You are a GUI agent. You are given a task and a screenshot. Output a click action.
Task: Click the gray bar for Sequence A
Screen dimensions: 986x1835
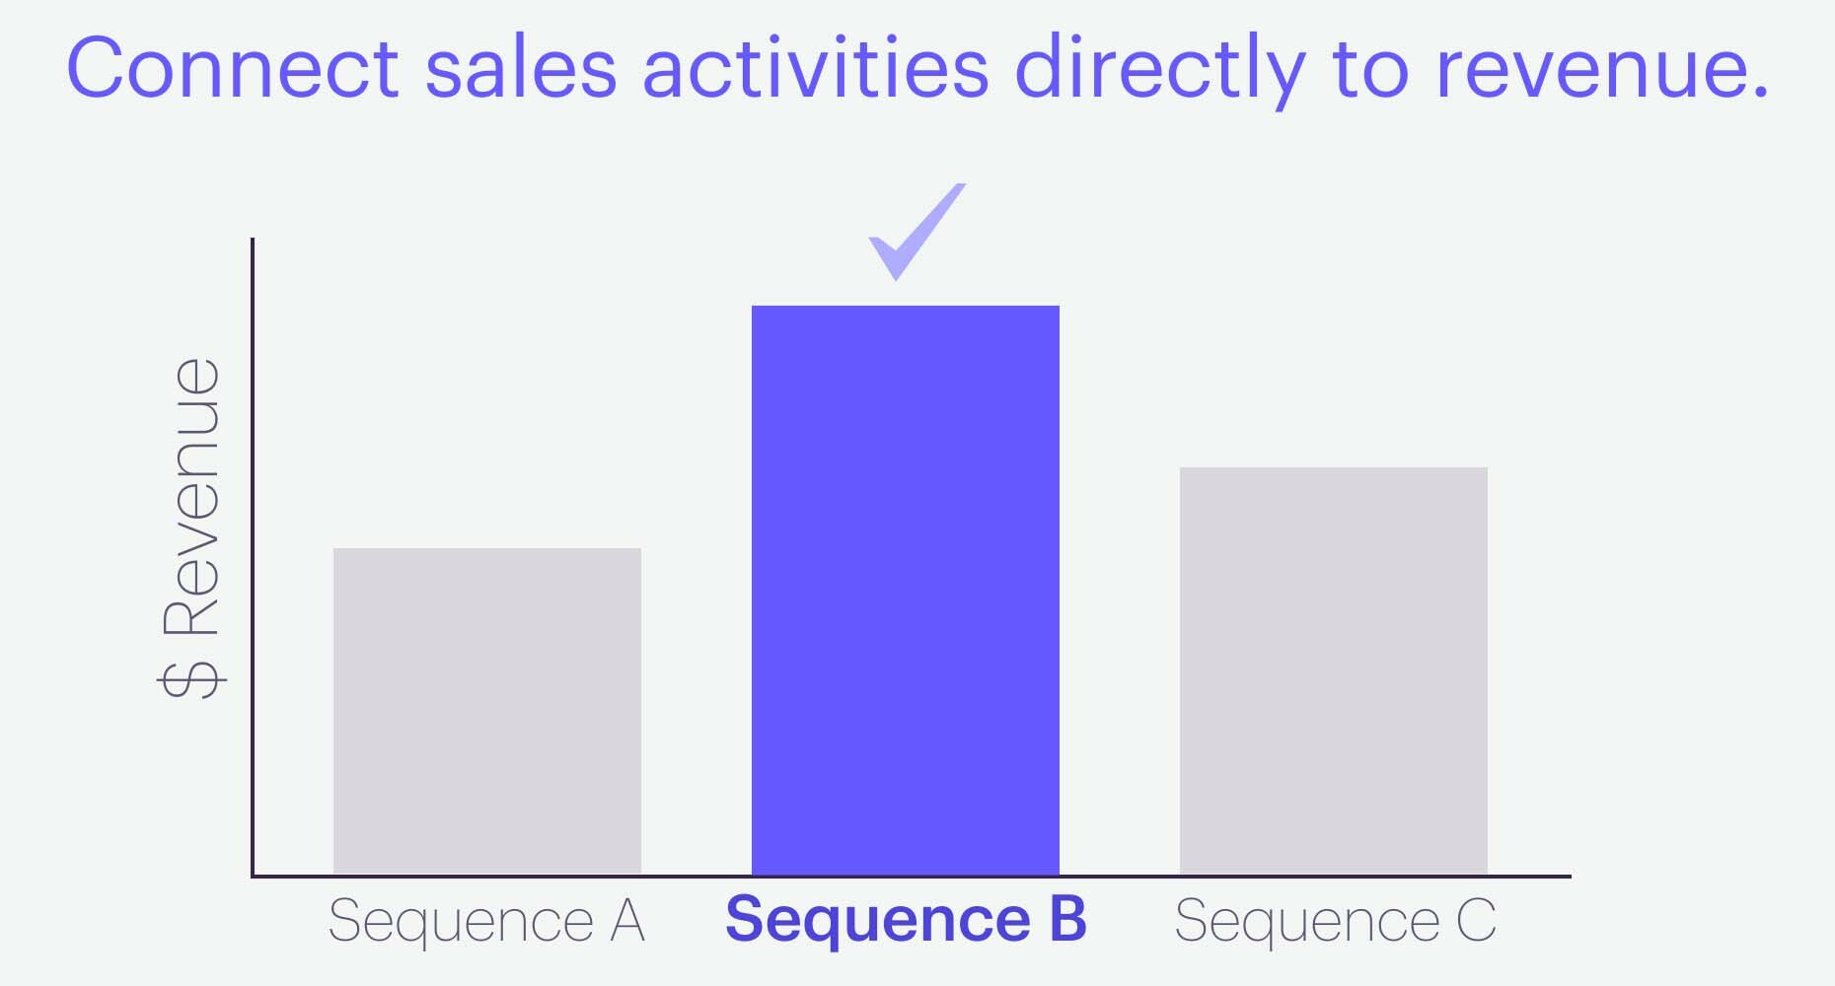(x=487, y=710)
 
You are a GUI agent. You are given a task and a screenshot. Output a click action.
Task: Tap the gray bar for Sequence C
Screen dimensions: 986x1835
(x=1334, y=670)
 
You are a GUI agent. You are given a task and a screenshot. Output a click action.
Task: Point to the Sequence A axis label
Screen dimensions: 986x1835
(x=486, y=921)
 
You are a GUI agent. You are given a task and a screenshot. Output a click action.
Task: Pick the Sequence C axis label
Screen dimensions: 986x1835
(x=1335, y=921)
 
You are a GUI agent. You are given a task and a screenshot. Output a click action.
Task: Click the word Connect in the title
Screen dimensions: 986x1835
(x=233, y=69)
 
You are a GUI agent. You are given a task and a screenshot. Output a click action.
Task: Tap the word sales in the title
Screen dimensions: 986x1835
(x=521, y=69)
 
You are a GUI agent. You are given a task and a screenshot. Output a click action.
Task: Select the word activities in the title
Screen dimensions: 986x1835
(x=815, y=69)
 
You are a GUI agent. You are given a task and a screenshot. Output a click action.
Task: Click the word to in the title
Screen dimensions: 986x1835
(x=1370, y=69)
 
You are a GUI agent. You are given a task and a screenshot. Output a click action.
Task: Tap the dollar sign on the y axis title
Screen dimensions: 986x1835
(x=191, y=679)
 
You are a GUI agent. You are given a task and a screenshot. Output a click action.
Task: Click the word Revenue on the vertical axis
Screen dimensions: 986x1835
(x=191, y=497)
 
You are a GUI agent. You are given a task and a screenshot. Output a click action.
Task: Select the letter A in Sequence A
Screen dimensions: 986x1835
(x=627, y=921)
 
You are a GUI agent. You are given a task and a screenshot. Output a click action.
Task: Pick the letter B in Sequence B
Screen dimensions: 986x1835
(x=1067, y=919)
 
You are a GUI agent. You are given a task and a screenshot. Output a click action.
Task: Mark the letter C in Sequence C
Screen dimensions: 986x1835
(x=1476, y=921)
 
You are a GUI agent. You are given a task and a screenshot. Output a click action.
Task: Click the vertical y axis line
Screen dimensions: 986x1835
(x=253, y=552)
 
